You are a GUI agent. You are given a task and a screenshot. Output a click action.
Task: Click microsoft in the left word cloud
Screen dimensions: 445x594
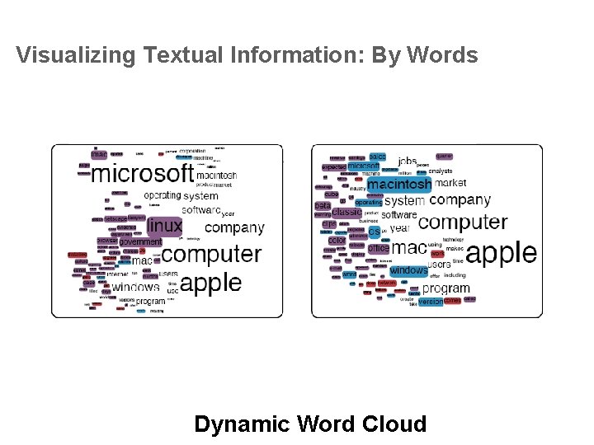pyautogui.click(x=142, y=173)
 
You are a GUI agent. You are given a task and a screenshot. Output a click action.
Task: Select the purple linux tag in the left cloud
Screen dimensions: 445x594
pyautogui.click(x=164, y=225)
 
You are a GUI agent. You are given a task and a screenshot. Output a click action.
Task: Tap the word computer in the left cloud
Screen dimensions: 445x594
pyautogui.click(x=217, y=254)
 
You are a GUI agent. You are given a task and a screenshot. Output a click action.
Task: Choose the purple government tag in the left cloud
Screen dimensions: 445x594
pyautogui.click(x=140, y=241)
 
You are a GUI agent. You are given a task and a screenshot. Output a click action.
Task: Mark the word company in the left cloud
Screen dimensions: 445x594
pyautogui.click(x=234, y=227)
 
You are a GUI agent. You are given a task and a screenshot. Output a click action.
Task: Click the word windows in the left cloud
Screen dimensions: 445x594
pyautogui.click(x=135, y=287)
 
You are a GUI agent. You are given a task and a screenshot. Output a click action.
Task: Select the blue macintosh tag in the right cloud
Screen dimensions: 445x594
pyautogui.click(x=399, y=185)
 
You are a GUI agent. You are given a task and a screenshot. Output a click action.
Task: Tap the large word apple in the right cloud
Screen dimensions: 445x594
pyautogui.click(x=501, y=252)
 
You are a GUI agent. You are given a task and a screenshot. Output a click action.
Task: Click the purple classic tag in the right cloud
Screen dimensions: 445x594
pyautogui.click(x=346, y=212)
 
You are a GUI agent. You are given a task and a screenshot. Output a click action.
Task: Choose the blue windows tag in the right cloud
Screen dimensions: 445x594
pyautogui.click(x=408, y=269)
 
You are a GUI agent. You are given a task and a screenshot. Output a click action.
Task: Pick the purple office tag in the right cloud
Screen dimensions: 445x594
pyautogui.click(x=379, y=248)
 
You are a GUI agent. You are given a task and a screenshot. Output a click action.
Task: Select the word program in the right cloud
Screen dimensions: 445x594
pyautogui.click(x=445, y=288)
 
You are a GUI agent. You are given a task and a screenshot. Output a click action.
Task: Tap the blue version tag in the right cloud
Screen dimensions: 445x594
pyautogui.click(x=430, y=302)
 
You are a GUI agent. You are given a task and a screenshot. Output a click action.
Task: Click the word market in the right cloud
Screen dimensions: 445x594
pyautogui.click(x=450, y=183)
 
